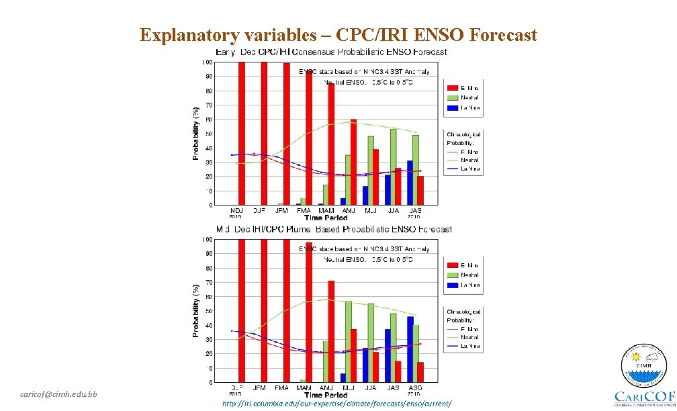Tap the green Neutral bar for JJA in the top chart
(394, 168)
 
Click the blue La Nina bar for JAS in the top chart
(410, 183)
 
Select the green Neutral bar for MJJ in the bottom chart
(348, 341)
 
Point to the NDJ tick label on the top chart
(235, 210)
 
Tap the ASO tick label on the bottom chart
(416, 388)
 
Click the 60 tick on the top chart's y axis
(208, 120)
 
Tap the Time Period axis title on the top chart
(326, 218)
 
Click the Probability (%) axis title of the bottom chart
(196, 310)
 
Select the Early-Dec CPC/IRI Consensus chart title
(330, 52)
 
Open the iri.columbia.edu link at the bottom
(336, 404)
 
